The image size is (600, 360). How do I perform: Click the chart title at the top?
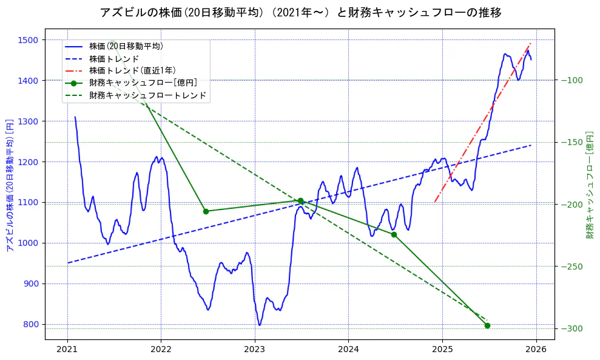(x=300, y=12)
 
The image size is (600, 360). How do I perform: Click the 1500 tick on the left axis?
(x=30, y=40)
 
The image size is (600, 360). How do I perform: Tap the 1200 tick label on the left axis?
(x=30, y=162)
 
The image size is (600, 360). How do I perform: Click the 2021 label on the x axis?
(x=67, y=349)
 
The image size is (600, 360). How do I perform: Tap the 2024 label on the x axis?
(x=348, y=349)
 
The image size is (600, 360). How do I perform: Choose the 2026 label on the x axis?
(x=536, y=349)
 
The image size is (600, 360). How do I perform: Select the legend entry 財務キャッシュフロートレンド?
(x=147, y=95)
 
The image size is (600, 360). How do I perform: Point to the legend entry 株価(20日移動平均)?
(x=126, y=46)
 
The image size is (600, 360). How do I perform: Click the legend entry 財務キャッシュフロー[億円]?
(x=143, y=83)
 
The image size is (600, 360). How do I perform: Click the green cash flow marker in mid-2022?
(x=206, y=211)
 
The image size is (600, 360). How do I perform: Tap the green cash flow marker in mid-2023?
(x=300, y=200)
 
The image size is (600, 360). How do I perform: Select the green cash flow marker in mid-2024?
(x=394, y=234)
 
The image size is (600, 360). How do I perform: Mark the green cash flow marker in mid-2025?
(x=487, y=326)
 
